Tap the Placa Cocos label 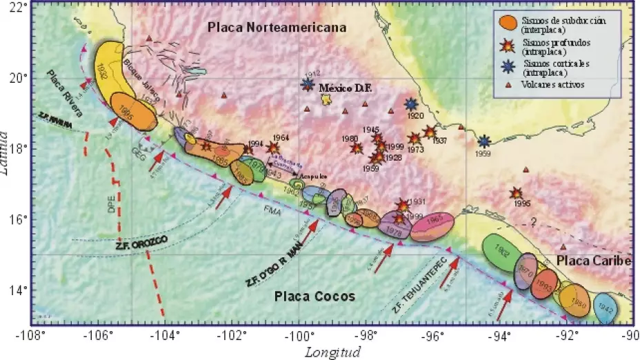pos(314,297)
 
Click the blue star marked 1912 pos(308,85)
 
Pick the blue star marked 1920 pos(412,104)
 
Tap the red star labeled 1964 pos(273,147)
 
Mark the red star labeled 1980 pos(357,148)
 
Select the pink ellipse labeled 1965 pos(433,224)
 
